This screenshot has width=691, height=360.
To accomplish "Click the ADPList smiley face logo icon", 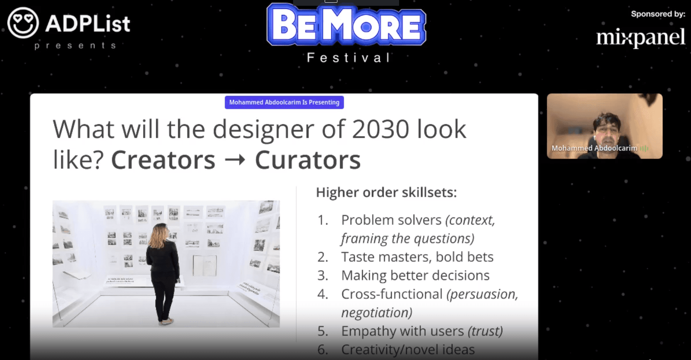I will tap(23, 23).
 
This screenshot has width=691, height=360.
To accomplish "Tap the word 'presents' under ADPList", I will tap(75, 46).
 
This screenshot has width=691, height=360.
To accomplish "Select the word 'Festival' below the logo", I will tap(348, 58).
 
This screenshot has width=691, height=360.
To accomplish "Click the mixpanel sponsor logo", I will tap(640, 38).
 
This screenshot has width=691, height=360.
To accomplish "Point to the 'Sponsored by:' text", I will tap(658, 14).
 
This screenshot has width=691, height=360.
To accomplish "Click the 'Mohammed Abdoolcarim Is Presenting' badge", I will tap(284, 103).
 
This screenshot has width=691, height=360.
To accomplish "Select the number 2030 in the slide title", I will tap(380, 129).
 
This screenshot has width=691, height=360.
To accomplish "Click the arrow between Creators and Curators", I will tap(235, 160).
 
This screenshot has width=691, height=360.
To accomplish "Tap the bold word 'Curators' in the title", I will tap(308, 160).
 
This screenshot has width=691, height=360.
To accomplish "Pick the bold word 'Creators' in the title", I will tap(163, 160).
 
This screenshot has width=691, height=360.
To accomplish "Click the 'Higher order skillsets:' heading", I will tap(386, 192).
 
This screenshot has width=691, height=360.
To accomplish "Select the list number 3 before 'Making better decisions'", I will tap(322, 276).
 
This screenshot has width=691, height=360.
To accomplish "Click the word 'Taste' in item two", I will tap(358, 257).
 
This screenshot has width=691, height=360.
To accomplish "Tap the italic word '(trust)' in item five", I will tap(485, 331).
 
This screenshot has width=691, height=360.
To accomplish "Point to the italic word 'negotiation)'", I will tap(377, 313).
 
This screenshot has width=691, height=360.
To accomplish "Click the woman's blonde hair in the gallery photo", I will tap(159, 236).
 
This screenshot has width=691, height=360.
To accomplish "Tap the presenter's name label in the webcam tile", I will tap(594, 148).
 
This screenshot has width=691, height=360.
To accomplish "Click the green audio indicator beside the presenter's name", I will tap(644, 148).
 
